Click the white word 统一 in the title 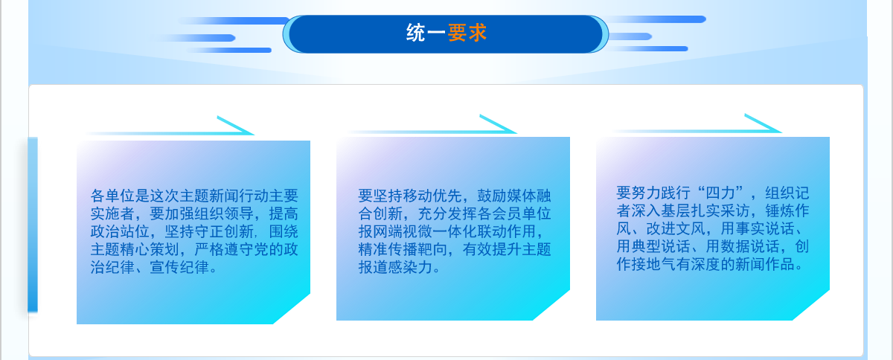tap(426, 33)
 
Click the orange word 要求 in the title tap(467, 33)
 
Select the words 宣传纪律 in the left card tap(179, 267)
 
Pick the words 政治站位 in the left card tap(120, 231)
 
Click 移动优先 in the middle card tap(417, 196)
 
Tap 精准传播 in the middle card tap(388, 250)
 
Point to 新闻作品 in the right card tap(765, 264)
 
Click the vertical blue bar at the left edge tap(33, 225)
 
